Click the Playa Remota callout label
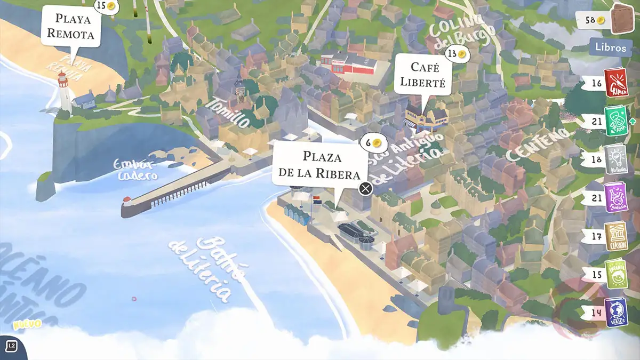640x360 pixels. pyautogui.click(x=70, y=27)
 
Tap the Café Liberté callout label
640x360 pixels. pyautogui.click(x=424, y=75)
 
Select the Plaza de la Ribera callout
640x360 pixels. pyautogui.click(x=320, y=165)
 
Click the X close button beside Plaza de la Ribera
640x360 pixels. pyautogui.click(x=365, y=188)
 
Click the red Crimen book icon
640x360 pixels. pyautogui.click(x=616, y=83)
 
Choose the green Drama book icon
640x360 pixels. pyautogui.click(x=616, y=121)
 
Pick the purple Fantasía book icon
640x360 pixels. pyautogui.click(x=616, y=197)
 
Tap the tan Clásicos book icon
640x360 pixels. pyautogui.click(x=616, y=235)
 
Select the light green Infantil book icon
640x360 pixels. pyautogui.click(x=616, y=274)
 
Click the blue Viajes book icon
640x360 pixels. pyautogui.click(x=616, y=312)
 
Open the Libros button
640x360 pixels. pyautogui.click(x=611, y=47)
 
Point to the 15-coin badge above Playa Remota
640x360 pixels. pyautogui.click(x=106, y=6)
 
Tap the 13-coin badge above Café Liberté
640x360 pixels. pyautogui.click(x=457, y=54)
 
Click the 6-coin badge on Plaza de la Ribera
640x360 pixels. pyautogui.click(x=373, y=143)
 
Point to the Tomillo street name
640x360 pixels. pyautogui.click(x=230, y=113)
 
